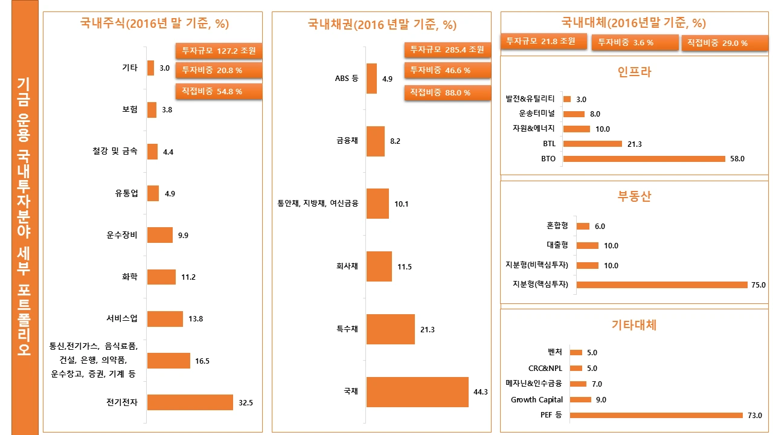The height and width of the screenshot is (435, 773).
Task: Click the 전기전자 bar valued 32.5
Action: pos(190,402)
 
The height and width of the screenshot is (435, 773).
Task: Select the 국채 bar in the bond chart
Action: pos(417,391)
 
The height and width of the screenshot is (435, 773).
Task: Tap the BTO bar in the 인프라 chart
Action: pos(644,159)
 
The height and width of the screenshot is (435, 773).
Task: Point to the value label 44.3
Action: pos(481,392)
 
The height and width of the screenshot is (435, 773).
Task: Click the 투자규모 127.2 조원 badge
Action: pos(219,50)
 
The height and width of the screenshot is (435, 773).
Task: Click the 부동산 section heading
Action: pos(634,197)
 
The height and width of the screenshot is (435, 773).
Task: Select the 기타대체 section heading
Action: pos(634,325)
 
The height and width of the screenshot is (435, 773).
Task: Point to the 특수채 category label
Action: pos(347,329)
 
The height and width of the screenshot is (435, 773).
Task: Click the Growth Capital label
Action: pos(537,400)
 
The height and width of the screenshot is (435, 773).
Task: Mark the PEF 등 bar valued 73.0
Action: pos(656,415)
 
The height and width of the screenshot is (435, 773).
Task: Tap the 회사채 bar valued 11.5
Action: pos(379,266)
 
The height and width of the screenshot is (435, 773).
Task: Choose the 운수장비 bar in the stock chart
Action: pos(160,235)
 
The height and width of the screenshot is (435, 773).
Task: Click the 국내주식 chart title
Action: pos(155,24)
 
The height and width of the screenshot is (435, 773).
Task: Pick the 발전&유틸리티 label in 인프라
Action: pos(531,98)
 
